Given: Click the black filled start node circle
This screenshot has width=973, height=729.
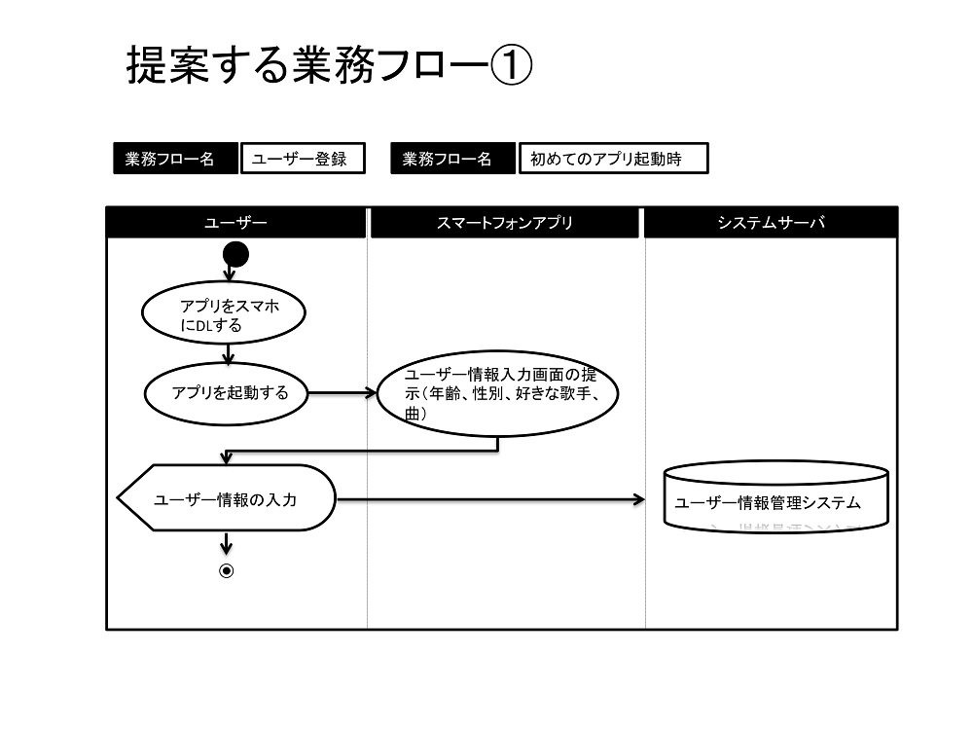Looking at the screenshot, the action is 235,255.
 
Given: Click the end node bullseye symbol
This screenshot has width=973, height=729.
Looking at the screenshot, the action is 227,570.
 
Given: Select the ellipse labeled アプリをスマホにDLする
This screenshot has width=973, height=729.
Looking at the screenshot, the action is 224,313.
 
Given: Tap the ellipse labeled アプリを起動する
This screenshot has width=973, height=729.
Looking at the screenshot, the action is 226,393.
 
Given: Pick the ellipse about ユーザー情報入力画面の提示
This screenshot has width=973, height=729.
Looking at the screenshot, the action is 497,393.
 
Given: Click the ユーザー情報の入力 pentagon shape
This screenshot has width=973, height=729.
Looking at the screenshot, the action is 227,498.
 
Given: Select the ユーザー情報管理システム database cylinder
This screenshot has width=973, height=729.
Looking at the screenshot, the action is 776,496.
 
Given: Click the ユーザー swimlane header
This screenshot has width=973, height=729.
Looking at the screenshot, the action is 235,222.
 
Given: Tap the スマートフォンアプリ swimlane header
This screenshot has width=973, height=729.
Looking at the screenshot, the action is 504,222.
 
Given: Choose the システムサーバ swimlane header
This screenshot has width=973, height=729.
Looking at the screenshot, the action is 771,222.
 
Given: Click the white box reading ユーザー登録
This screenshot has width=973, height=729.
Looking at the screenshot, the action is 303,159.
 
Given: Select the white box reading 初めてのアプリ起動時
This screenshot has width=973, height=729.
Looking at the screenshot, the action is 613,159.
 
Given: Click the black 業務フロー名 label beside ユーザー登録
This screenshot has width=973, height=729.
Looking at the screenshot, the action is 175,159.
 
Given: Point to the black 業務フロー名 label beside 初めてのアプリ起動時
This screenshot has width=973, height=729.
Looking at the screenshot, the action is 453,159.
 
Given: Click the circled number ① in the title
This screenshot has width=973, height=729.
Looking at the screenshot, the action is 512,65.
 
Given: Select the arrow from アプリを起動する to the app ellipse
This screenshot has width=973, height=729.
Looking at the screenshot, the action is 342,393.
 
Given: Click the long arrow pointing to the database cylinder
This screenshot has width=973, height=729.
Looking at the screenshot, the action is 490,499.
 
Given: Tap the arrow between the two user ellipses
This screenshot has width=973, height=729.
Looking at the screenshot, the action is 229,354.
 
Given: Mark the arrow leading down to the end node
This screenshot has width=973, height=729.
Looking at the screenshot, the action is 227,543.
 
